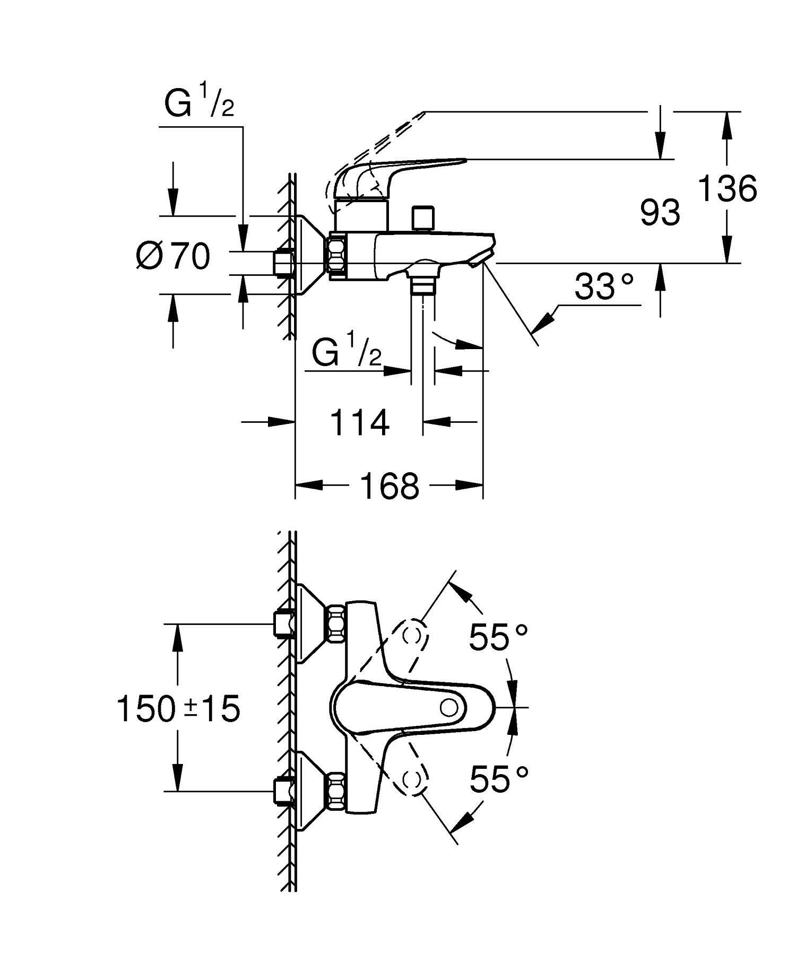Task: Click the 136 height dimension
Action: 726,188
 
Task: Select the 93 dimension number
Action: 660,212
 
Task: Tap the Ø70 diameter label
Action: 173,256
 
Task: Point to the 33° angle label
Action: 604,287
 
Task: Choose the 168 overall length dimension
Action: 390,485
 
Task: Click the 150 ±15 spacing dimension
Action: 178,709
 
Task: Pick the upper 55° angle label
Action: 498,637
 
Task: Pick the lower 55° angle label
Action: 499,779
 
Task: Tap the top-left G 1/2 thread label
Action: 198,103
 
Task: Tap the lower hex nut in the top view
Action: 337,791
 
